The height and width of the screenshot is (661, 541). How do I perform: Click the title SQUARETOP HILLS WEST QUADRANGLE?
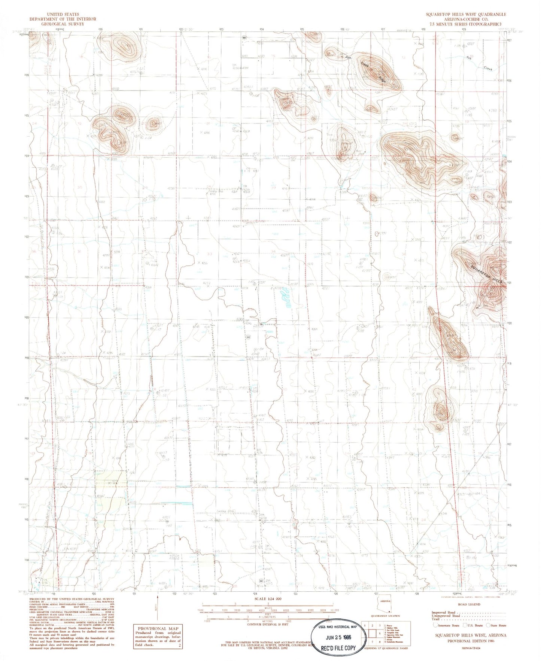point(466,14)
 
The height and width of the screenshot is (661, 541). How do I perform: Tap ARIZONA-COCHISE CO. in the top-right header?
point(466,19)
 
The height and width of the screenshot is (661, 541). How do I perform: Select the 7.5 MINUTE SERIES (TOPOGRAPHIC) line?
point(466,23)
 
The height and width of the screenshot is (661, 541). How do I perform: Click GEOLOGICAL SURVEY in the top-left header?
point(63,24)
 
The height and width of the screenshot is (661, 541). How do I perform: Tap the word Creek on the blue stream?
point(487,69)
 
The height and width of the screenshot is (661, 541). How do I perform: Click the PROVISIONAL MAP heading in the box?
point(158,628)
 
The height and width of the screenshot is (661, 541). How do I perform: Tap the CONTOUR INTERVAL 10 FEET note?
point(267,624)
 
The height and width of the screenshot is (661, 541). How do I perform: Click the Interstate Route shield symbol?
point(435,625)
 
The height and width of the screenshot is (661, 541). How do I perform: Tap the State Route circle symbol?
point(488,625)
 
